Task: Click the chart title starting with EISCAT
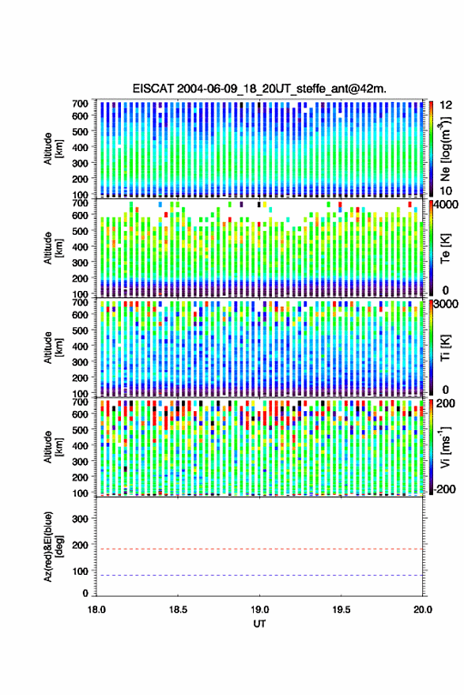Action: (259, 89)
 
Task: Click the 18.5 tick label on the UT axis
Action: (178, 610)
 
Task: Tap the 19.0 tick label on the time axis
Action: (260, 610)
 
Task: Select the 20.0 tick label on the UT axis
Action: (423, 610)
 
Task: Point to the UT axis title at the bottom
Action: (259, 624)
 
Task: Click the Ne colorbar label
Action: (446, 149)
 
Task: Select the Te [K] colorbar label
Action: (446, 248)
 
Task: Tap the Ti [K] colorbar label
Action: (446, 348)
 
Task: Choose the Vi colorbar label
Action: (446, 447)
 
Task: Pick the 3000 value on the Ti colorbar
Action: (447, 304)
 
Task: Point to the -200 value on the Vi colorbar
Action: (443, 489)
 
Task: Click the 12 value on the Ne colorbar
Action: (447, 105)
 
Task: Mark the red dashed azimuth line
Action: (259, 550)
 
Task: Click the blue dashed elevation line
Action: (259, 576)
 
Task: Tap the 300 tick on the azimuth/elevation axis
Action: (80, 519)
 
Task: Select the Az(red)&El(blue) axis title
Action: (53, 547)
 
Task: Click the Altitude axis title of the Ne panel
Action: (53, 149)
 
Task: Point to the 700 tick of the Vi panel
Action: (80, 402)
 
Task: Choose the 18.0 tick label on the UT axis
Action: (96, 610)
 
